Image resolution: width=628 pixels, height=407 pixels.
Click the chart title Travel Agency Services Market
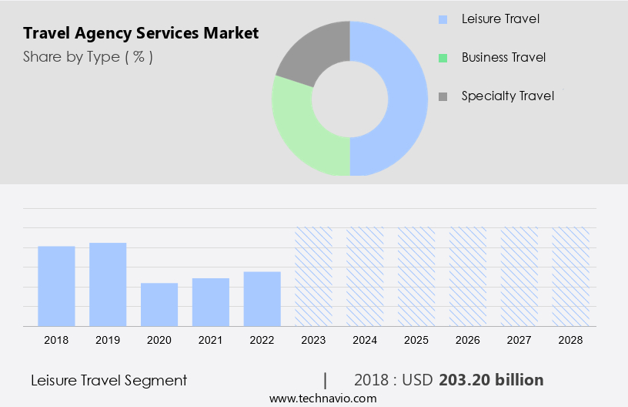(x=141, y=33)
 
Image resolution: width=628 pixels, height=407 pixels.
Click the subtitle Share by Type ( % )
(x=88, y=57)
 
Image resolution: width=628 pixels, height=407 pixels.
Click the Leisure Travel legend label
(x=500, y=18)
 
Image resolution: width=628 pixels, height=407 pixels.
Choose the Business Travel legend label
(x=503, y=57)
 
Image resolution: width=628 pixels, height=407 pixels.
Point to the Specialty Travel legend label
(x=507, y=96)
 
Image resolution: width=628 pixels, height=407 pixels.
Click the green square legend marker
(x=443, y=57)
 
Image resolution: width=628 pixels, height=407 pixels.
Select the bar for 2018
(x=56, y=285)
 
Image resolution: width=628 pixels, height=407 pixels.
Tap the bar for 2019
(x=108, y=284)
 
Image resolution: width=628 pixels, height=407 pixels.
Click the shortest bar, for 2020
(x=159, y=304)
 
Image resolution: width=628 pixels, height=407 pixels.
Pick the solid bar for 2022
(x=262, y=298)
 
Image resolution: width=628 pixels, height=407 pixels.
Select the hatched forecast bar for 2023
(x=313, y=276)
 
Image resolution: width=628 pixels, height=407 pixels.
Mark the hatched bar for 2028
(x=571, y=276)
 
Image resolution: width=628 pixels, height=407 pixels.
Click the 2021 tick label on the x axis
(x=211, y=340)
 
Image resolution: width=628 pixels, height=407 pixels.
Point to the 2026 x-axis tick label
(x=468, y=340)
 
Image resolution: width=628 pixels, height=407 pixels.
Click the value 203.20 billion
(x=491, y=380)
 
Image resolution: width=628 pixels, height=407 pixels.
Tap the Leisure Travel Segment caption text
(x=109, y=380)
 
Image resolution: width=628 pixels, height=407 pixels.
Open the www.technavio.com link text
(x=322, y=398)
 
